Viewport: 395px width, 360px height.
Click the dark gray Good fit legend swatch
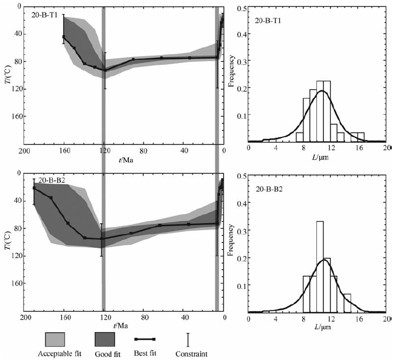click(105, 339)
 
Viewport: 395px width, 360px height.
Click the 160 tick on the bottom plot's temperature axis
click(12, 283)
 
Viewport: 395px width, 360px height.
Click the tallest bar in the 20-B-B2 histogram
click(320, 267)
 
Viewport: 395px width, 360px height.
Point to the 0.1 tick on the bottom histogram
click(242, 285)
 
